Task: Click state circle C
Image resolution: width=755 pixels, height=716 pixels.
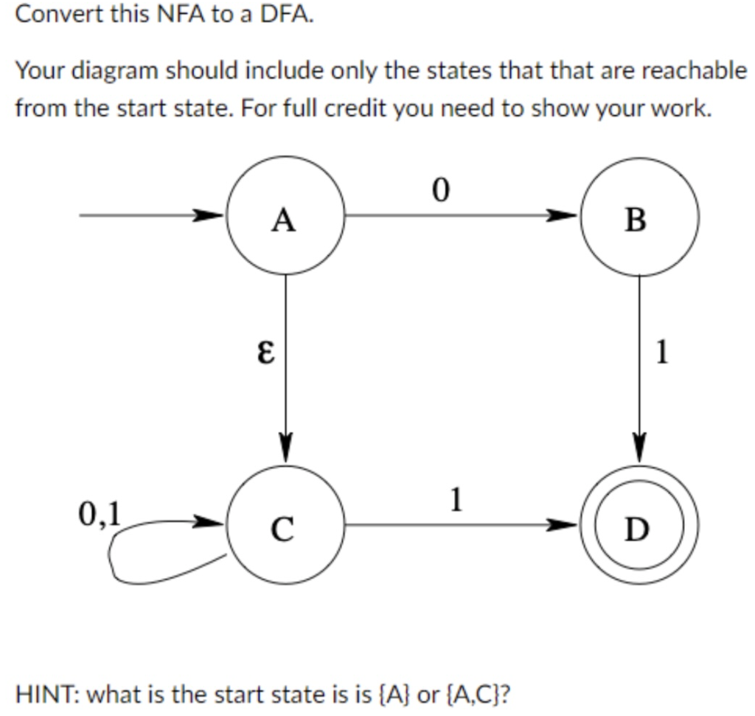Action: [285, 526]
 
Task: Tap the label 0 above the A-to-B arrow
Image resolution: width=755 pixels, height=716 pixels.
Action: [440, 191]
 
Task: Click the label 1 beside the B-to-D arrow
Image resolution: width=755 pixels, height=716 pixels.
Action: [661, 352]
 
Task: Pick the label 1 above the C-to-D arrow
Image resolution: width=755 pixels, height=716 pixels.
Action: [456, 500]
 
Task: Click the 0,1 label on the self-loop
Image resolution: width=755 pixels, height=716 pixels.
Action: [102, 512]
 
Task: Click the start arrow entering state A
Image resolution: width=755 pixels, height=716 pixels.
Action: [147, 216]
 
